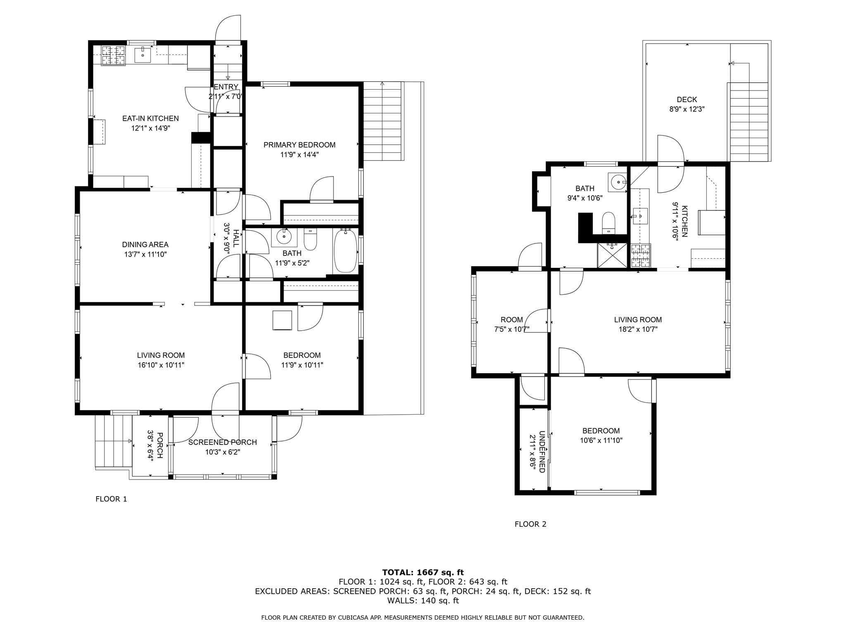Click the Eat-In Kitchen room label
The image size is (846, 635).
[150, 118]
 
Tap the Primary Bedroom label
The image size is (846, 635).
[299, 145]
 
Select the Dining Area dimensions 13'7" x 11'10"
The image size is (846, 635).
[145, 255]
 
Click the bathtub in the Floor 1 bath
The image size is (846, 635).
[345, 251]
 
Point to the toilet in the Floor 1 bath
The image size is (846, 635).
[310, 239]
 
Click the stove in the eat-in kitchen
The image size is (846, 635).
[114, 55]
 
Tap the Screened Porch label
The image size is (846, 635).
[223, 442]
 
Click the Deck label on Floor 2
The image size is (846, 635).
[687, 100]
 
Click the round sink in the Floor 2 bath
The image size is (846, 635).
[618, 181]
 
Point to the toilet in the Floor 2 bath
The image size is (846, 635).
[608, 223]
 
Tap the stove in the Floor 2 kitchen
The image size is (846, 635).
[640, 255]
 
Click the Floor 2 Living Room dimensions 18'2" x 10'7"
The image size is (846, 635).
[638, 329]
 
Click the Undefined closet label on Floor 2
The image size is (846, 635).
[542, 452]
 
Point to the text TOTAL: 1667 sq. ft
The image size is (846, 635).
[423, 573]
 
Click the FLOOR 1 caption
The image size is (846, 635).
[111, 499]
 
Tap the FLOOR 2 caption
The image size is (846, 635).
[530, 524]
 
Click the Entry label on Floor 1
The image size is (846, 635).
[226, 87]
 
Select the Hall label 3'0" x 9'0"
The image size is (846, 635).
[236, 239]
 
